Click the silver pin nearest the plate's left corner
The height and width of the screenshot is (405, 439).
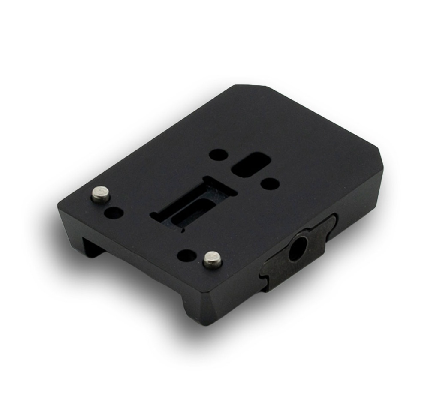tap(101, 195)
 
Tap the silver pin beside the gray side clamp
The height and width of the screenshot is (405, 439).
tap(213, 259)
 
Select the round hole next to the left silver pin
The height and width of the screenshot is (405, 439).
tap(114, 212)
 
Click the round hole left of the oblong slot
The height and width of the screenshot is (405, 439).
tap(219, 155)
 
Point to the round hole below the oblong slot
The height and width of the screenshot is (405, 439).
tap(270, 184)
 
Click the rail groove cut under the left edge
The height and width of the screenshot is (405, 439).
tap(92, 248)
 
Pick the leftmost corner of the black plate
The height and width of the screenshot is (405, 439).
tap(60, 206)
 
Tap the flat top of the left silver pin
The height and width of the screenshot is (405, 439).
tap(100, 192)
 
